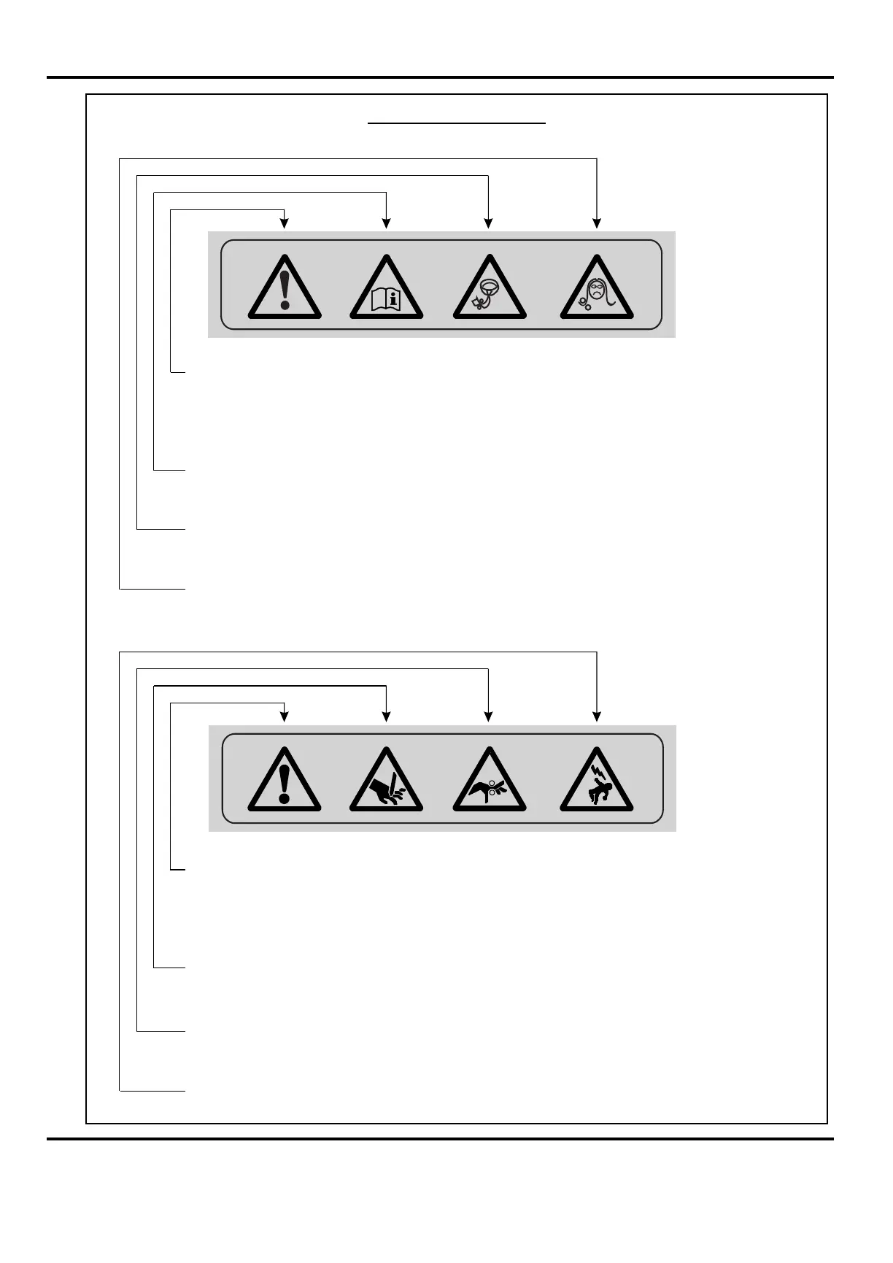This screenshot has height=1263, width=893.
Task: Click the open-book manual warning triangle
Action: tap(386, 291)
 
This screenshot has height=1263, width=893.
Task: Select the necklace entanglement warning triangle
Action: tap(490, 291)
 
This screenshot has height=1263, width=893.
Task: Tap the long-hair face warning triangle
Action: tap(597, 291)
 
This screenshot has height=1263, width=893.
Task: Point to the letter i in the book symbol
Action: tap(395, 298)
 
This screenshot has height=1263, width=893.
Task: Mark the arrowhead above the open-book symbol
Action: tap(387, 223)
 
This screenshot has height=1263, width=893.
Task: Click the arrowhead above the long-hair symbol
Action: tap(597, 223)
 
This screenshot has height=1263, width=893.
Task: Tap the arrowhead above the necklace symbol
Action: tap(489, 223)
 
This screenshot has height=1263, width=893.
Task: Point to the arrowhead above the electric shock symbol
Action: tap(597, 717)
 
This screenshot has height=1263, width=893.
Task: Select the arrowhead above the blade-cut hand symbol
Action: tap(387, 717)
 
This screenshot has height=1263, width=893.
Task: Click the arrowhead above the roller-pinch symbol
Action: tap(489, 717)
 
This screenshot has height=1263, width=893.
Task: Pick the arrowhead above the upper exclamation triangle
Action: tap(285, 223)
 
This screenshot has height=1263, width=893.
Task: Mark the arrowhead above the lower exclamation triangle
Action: tap(285, 717)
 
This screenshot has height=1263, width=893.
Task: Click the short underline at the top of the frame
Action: tap(457, 124)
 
